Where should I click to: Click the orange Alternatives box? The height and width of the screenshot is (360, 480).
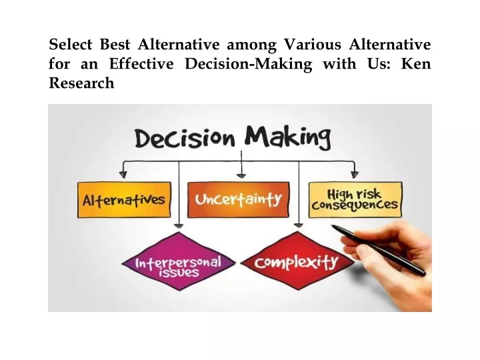click(124, 200)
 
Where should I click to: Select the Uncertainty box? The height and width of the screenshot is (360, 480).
click(238, 199)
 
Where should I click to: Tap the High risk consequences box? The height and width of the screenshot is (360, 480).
click(355, 200)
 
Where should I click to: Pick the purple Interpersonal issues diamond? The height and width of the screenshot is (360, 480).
click(179, 261)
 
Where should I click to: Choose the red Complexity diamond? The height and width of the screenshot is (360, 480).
click(297, 261)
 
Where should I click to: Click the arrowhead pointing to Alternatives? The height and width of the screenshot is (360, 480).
click(123, 175)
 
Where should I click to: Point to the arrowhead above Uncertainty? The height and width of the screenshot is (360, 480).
click(241, 176)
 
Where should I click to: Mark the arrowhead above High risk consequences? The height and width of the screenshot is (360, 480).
click(355, 175)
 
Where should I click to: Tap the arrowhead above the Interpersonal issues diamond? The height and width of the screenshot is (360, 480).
click(179, 226)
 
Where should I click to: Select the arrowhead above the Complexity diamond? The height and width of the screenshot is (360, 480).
click(299, 225)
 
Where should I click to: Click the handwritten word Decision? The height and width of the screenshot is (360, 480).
click(185, 139)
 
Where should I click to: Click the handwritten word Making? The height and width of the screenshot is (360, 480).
click(288, 138)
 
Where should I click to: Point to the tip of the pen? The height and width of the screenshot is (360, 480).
click(333, 227)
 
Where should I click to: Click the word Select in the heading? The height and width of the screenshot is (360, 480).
click(71, 44)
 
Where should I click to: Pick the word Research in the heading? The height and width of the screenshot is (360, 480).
click(81, 83)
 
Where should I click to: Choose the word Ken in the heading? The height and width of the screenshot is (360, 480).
click(416, 64)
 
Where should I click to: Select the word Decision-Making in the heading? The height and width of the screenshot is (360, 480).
click(249, 65)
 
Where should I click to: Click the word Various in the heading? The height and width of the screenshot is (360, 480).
click(313, 44)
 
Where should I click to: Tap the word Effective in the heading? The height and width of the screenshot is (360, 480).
click(141, 64)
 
